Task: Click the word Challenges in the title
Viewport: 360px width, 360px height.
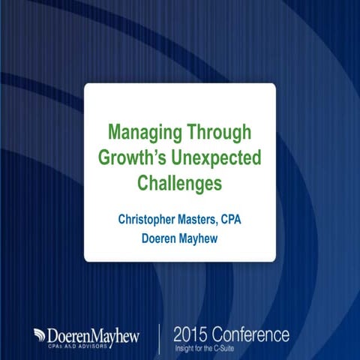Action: click(x=180, y=183)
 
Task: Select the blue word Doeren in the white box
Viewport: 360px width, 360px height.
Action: click(x=159, y=239)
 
